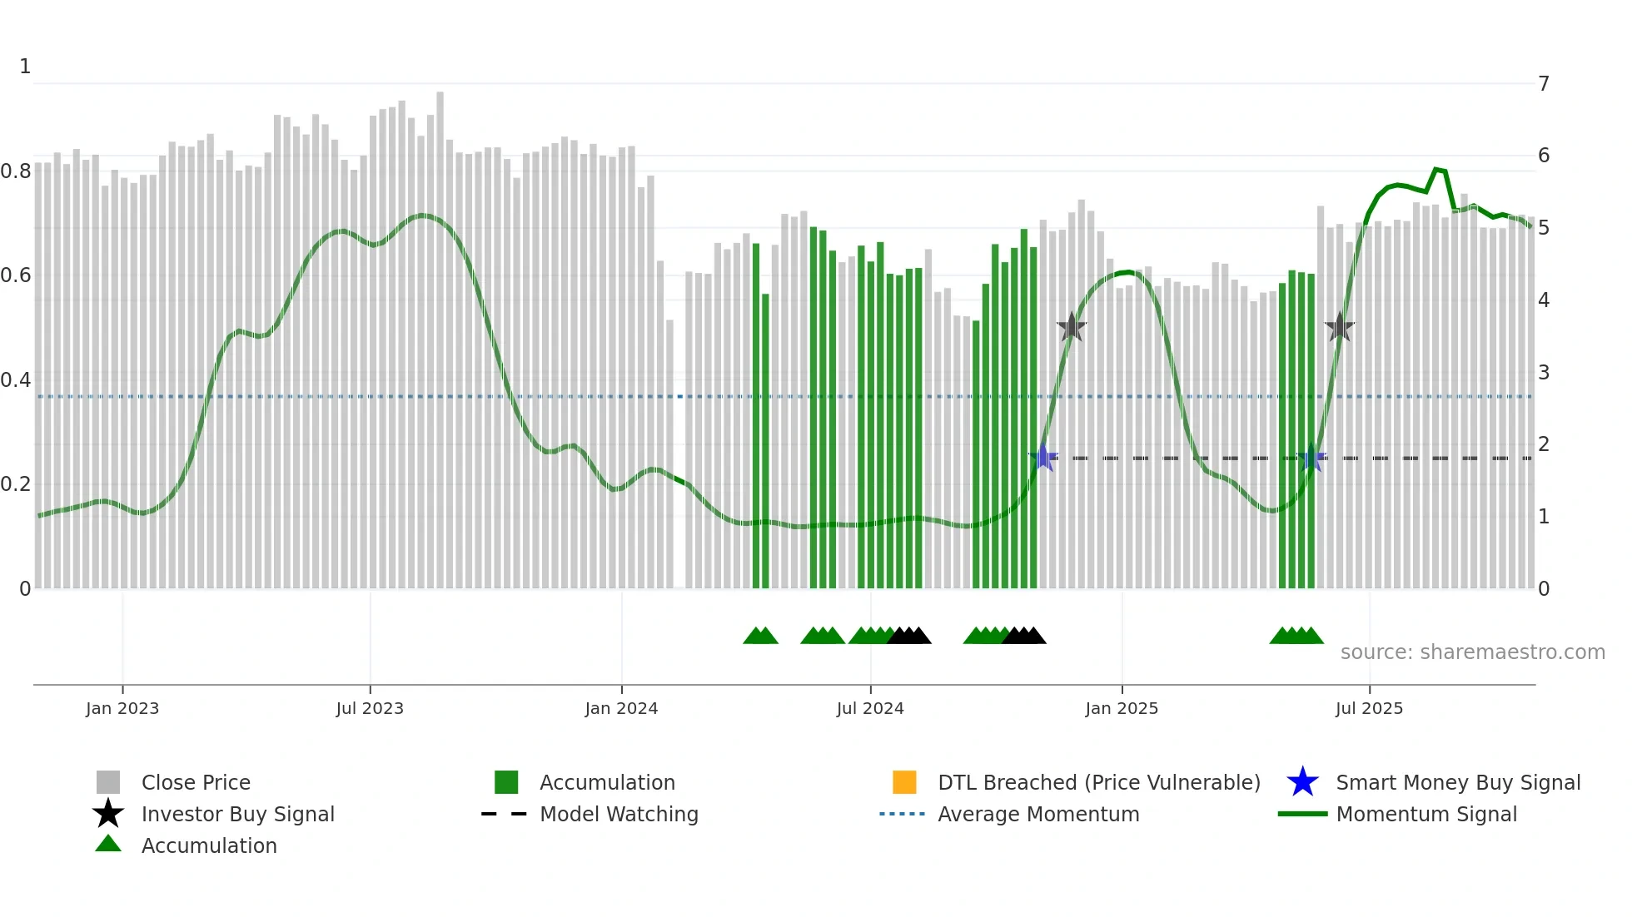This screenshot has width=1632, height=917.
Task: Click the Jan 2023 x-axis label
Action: (x=122, y=709)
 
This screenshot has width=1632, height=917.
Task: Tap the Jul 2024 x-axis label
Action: (x=870, y=709)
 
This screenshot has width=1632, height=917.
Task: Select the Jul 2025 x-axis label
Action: (x=1369, y=709)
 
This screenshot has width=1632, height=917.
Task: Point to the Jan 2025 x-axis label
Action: (x=1122, y=709)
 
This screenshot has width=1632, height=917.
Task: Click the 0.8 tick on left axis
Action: (x=16, y=171)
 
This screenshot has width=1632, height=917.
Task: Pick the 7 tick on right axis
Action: (x=1544, y=84)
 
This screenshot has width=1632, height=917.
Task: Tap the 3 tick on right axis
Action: (x=1544, y=373)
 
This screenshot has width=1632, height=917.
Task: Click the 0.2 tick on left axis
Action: (x=16, y=484)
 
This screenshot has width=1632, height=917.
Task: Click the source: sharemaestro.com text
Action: (x=1472, y=652)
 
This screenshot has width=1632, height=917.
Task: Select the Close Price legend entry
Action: (x=196, y=783)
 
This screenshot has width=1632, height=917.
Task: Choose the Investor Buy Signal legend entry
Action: (x=237, y=815)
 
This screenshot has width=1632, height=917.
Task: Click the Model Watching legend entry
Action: (x=619, y=815)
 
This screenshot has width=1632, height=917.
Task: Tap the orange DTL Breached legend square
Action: (x=904, y=782)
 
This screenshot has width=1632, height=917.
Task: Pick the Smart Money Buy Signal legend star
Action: (x=1302, y=782)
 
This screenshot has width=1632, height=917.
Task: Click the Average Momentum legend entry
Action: (x=1038, y=815)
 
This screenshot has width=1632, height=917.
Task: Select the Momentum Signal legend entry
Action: (x=1426, y=815)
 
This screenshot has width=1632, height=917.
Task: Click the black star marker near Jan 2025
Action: (x=1072, y=328)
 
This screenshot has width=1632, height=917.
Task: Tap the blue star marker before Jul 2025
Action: (x=1311, y=458)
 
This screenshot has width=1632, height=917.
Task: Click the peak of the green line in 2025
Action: (x=1436, y=170)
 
